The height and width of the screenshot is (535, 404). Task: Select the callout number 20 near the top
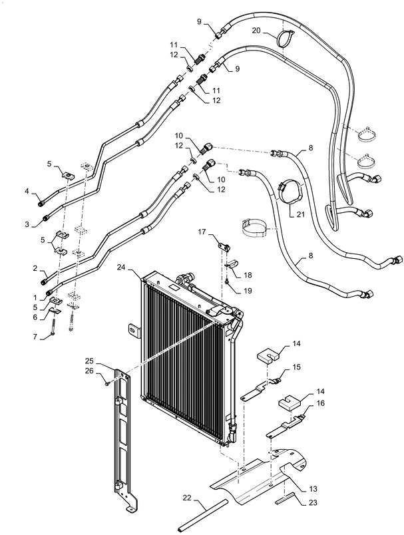click(x=256, y=31)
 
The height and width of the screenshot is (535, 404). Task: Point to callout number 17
click(x=202, y=232)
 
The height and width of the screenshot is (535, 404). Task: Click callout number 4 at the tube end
click(x=27, y=191)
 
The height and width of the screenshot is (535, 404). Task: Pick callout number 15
click(x=297, y=367)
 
